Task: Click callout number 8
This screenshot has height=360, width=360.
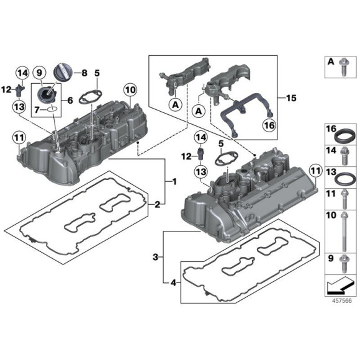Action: pyautogui.click(x=85, y=73)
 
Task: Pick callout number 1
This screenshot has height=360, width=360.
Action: pyautogui.click(x=174, y=182)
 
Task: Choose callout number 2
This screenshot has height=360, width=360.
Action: pyautogui.click(x=158, y=204)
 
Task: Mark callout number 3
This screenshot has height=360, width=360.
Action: pyautogui.click(x=156, y=256)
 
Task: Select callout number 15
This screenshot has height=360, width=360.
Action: pyautogui.click(x=292, y=97)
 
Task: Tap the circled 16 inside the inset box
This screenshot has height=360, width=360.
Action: pyautogui.click(x=269, y=125)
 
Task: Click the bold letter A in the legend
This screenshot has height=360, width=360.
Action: pyautogui.click(x=331, y=61)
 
